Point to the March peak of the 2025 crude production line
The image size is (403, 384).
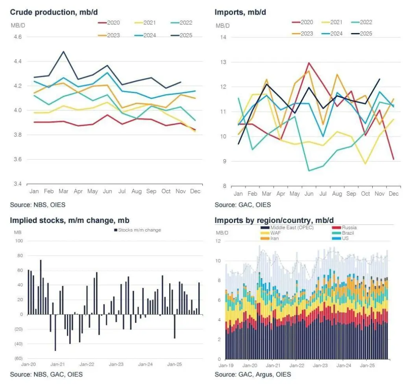(x=63, y=52)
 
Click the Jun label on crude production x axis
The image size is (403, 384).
(x=107, y=191)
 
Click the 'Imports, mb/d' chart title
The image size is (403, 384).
(x=240, y=12)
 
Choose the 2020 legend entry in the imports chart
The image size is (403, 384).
(x=303, y=22)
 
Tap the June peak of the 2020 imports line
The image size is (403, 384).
(x=309, y=63)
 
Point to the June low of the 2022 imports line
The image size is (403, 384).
(x=309, y=171)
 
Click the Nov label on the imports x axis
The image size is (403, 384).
(x=379, y=194)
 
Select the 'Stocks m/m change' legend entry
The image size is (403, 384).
(x=137, y=230)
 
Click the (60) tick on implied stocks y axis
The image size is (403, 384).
(x=18, y=358)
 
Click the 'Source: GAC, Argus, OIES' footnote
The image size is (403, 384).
(x=253, y=374)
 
